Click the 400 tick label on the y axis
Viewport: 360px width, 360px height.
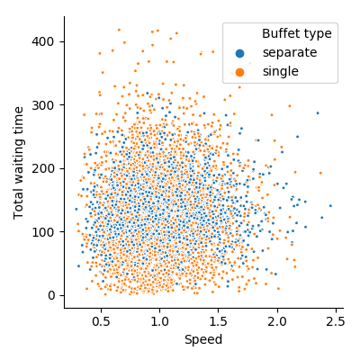click(x=42, y=41)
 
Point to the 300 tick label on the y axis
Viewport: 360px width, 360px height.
click(x=42, y=105)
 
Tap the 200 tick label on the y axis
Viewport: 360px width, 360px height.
click(x=42, y=168)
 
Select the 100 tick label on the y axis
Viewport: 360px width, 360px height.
click(x=42, y=232)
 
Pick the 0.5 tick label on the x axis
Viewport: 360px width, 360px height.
click(x=101, y=322)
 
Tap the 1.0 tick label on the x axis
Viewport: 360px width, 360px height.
click(x=160, y=322)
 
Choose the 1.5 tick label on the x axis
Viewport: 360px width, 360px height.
click(x=219, y=322)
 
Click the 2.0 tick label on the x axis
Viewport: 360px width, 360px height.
click(x=277, y=322)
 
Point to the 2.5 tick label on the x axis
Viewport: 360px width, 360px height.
click(x=337, y=322)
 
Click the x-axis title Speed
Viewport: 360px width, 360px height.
click(x=203, y=340)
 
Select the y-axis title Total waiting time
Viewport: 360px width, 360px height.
click(x=19, y=163)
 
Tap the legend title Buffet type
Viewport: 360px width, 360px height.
click(x=297, y=33)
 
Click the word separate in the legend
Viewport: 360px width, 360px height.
click(x=290, y=53)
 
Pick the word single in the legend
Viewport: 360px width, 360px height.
click(x=281, y=72)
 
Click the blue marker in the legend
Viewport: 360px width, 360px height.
click(x=239, y=53)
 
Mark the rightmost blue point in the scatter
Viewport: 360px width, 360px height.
click(x=330, y=206)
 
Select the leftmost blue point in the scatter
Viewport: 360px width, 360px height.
click(x=76, y=209)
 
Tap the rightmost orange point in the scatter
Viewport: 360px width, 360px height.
click(x=320, y=173)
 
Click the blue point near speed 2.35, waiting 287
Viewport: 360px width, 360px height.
click(x=318, y=113)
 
